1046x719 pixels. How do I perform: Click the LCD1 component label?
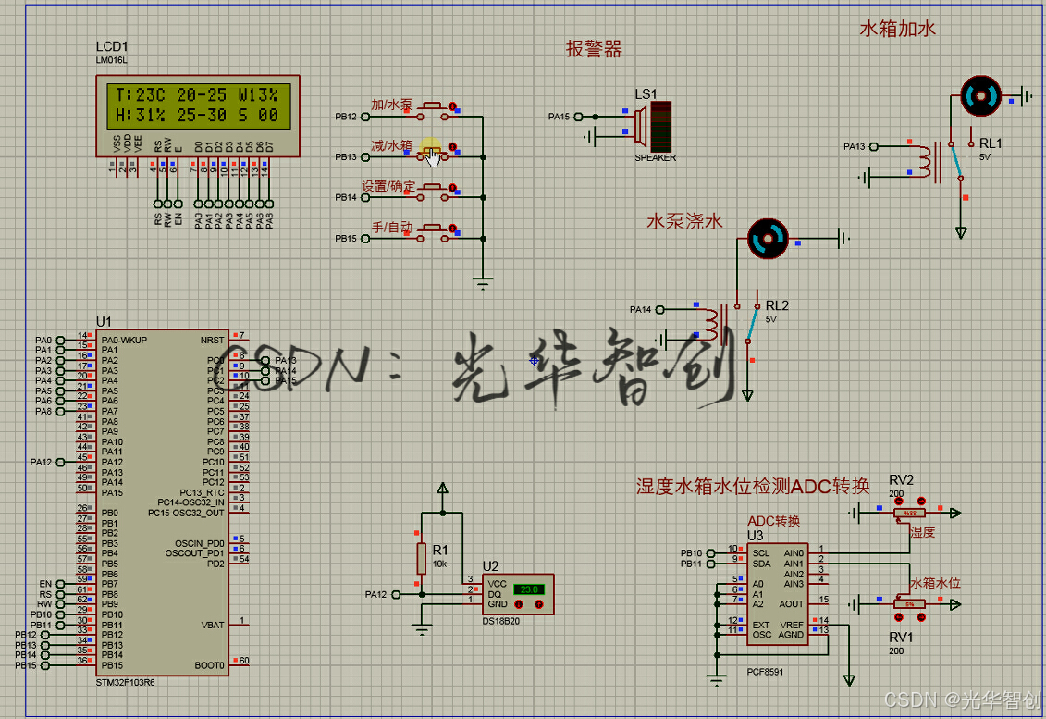tap(112, 46)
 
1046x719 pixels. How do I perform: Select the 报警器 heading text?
tap(594, 50)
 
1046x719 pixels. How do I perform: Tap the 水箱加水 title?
tap(897, 29)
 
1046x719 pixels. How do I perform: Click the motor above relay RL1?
tap(980, 95)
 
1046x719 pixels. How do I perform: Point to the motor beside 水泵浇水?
tap(767, 239)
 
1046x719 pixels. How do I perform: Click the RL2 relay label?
tap(777, 305)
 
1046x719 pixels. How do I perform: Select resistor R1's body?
tap(421, 557)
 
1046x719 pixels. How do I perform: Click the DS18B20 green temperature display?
tap(528, 589)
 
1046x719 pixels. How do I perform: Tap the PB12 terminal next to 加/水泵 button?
tap(345, 118)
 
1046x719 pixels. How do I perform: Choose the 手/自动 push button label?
tap(393, 227)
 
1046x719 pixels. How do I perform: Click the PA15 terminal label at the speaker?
tap(559, 117)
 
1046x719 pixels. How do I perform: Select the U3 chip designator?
tap(755, 535)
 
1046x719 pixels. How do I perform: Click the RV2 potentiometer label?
tap(901, 479)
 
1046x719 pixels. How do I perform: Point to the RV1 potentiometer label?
tap(901, 638)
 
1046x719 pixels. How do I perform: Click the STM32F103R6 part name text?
tap(124, 683)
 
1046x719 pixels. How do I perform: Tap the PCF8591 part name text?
tap(764, 673)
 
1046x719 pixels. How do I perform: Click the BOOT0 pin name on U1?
tap(210, 665)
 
